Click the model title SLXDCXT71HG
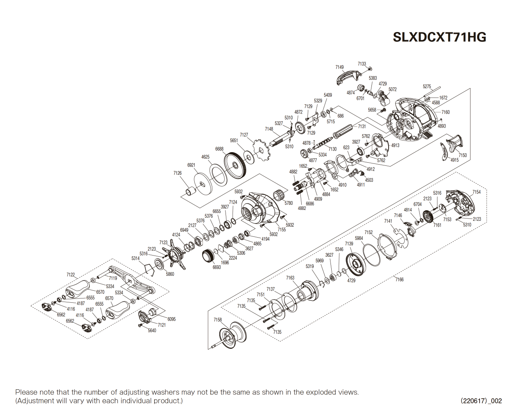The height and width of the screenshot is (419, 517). (x=439, y=37)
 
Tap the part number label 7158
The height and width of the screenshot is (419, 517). (x=217, y=320)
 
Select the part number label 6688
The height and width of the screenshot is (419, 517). (x=219, y=149)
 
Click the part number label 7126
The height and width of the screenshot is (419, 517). (x=178, y=173)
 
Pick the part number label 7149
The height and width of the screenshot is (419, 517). (x=339, y=67)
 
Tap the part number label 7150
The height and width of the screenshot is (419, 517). (x=462, y=155)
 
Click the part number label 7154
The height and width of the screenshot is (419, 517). (x=476, y=192)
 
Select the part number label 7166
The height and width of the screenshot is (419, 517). (x=400, y=279)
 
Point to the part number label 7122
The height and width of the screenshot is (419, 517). (x=71, y=275)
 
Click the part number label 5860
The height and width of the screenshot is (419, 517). (x=170, y=274)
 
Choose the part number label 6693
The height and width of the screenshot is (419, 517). (x=217, y=267)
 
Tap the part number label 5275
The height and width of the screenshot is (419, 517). (x=427, y=87)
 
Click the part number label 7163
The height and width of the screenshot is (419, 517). (x=290, y=278)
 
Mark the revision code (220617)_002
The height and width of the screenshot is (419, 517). (x=481, y=401)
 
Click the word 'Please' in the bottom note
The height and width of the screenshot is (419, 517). (x=26, y=392)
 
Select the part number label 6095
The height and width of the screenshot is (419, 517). (x=171, y=319)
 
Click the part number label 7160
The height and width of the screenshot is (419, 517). (x=446, y=112)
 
